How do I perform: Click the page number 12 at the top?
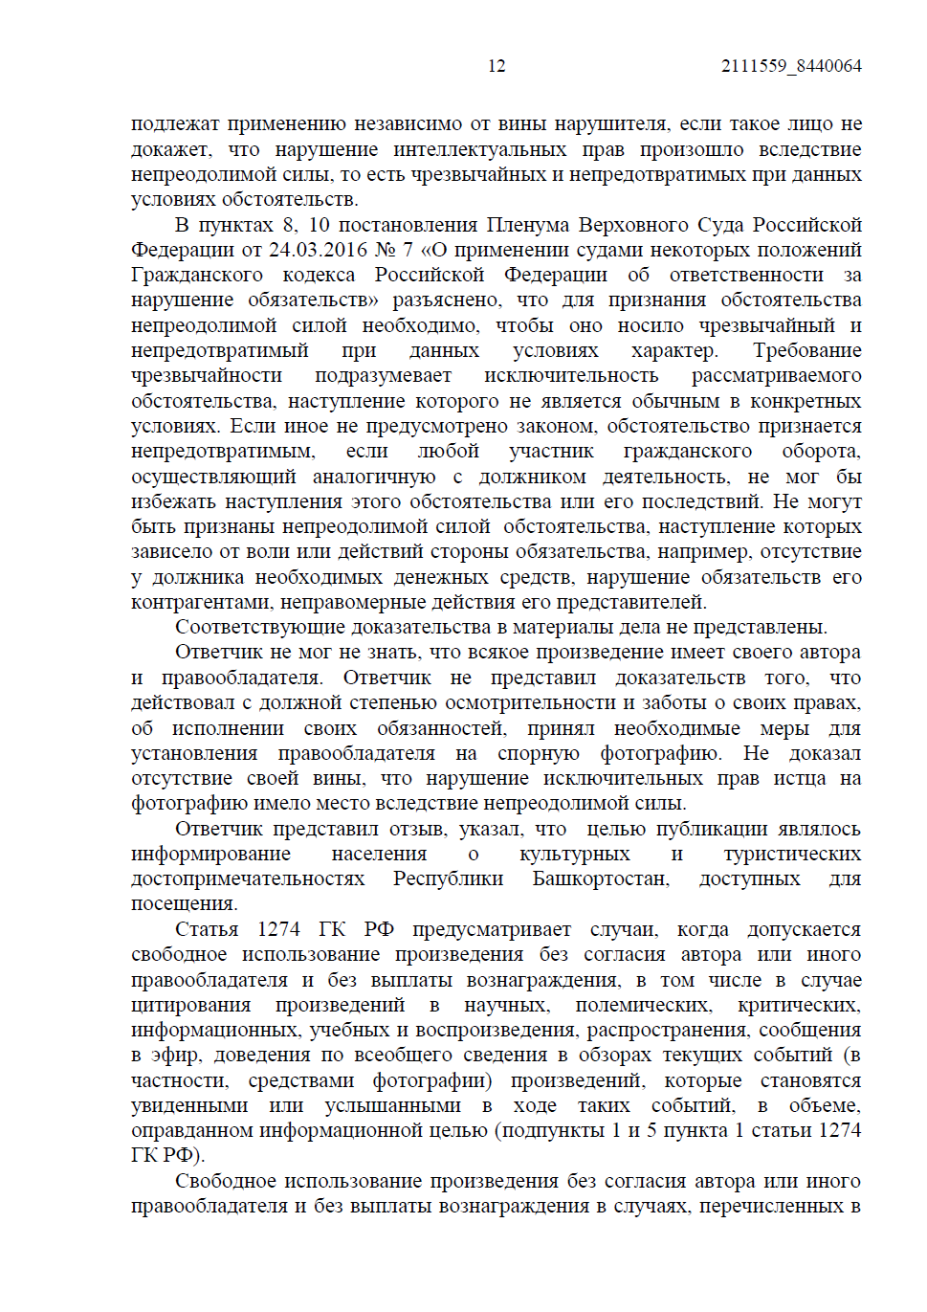(x=497, y=66)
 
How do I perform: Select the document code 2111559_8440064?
(x=791, y=66)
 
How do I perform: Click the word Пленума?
(x=531, y=225)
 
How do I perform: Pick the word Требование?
(x=806, y=350)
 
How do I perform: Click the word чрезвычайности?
(x=207, y=375)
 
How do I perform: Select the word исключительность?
(x=571, y=375)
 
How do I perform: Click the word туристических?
(x=792, y=854)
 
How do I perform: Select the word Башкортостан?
(x=601, y=878)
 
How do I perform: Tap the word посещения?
(x=184, y=903)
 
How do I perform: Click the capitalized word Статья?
(x=207, y=929)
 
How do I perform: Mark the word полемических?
(x=643, y=1005)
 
